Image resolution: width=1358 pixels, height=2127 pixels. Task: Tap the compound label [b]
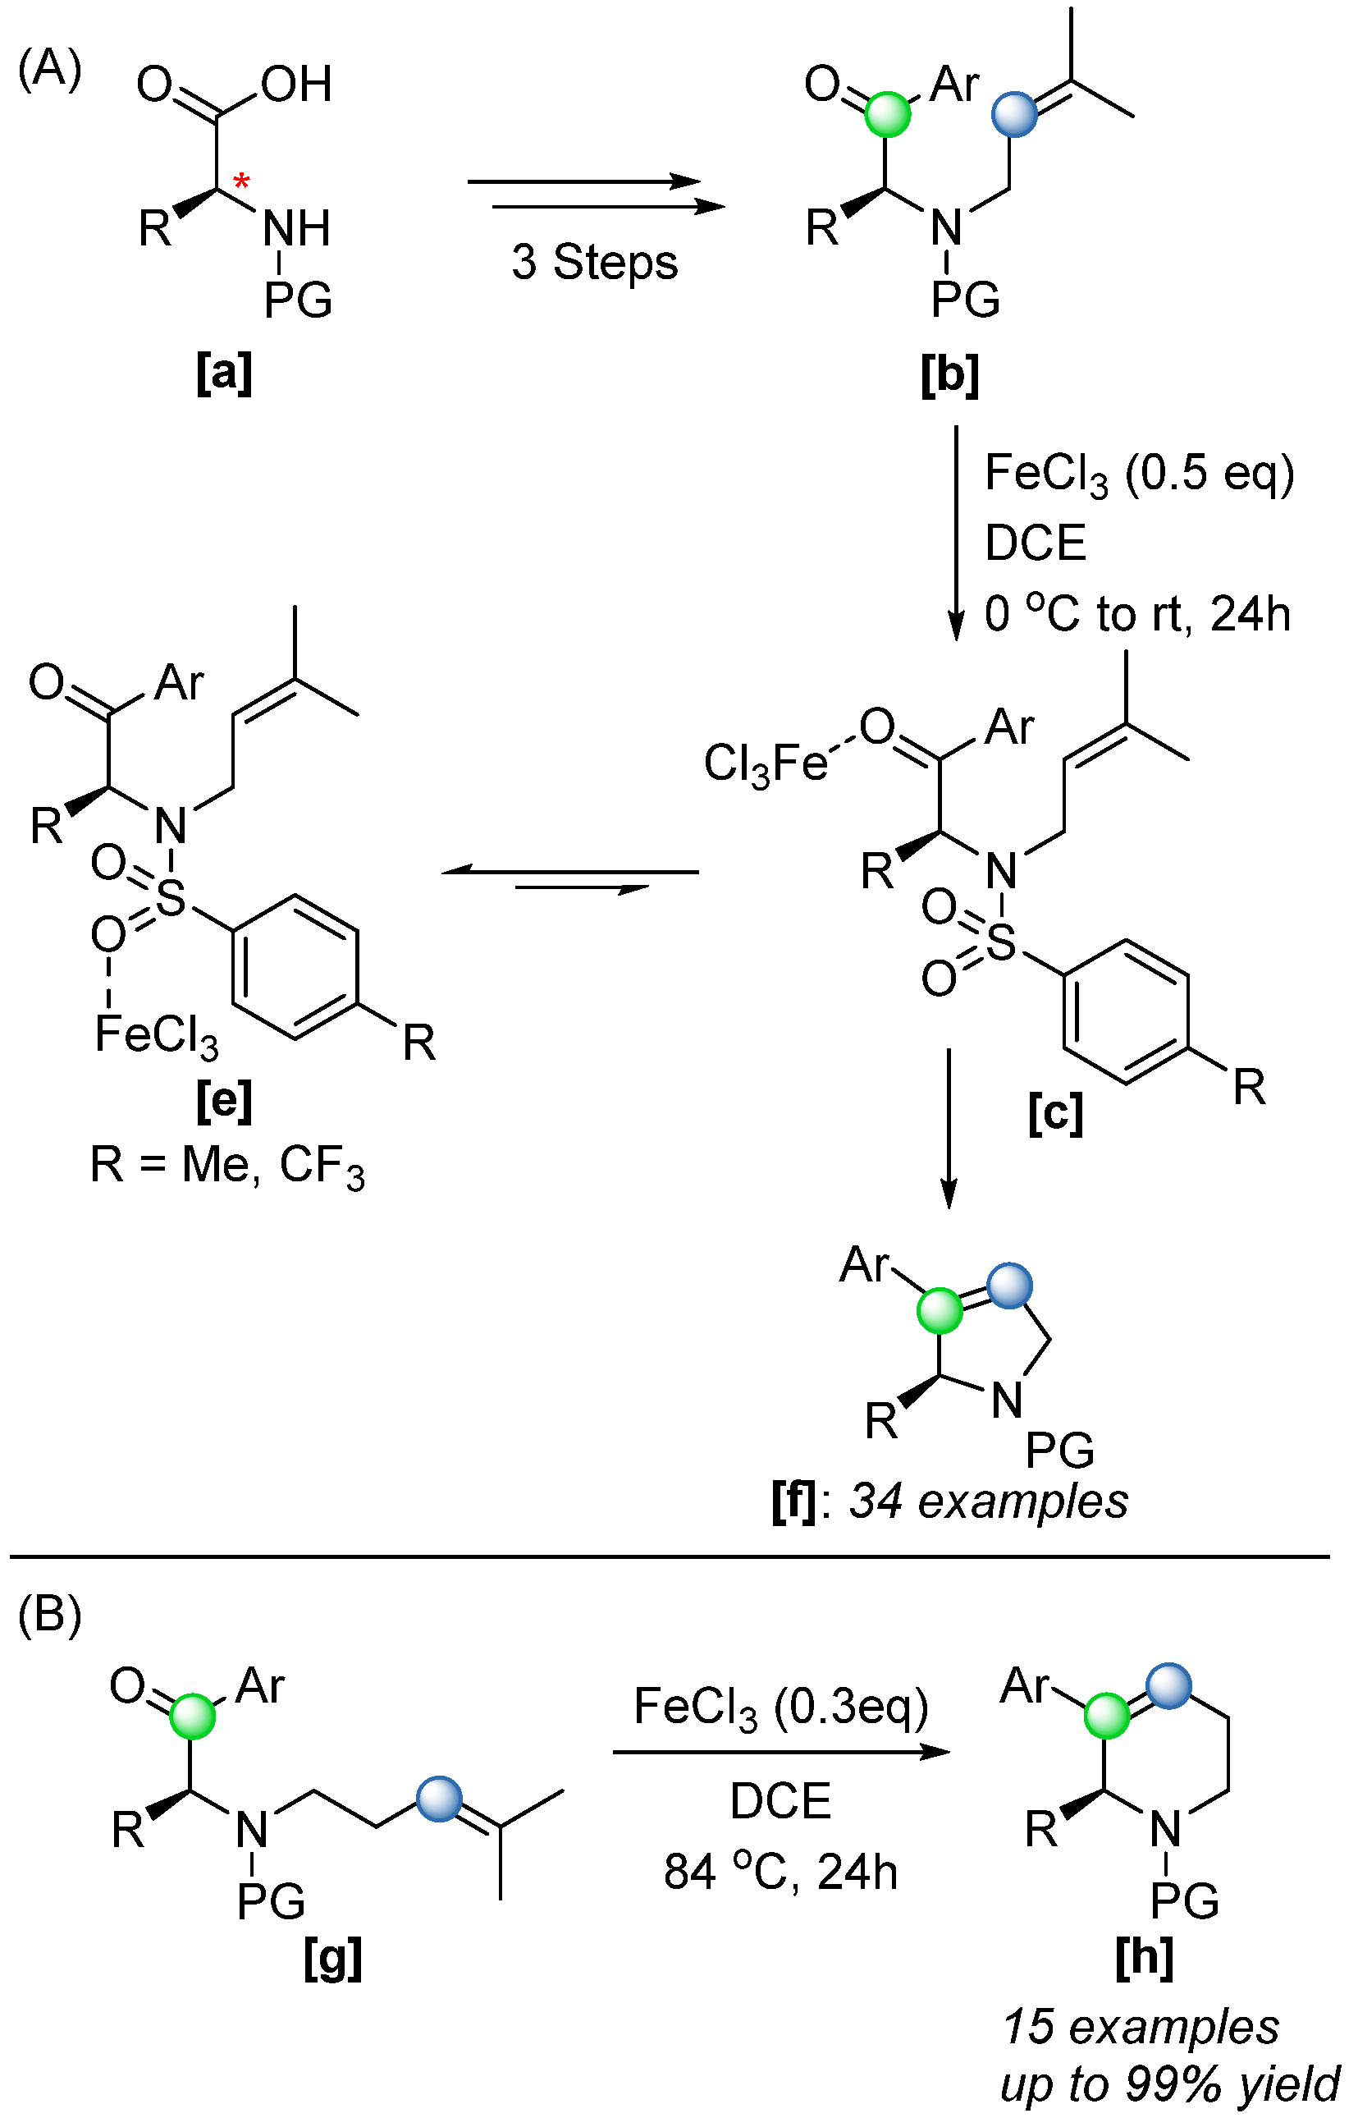[950, 375]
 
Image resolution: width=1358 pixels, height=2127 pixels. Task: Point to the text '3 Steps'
[594, 263]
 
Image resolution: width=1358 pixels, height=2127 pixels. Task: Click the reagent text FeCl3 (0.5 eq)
[1139, 474]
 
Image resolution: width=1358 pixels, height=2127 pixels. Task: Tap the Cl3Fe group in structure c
[765, 763]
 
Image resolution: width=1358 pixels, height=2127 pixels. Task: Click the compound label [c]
[1055, 1115]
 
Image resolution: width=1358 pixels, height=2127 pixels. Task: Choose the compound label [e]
[224, 1102]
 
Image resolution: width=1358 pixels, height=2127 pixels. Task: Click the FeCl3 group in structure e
[155, 1034]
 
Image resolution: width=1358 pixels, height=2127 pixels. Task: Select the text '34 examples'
[988, 1501]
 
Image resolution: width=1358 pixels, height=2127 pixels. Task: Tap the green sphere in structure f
[940, 1311]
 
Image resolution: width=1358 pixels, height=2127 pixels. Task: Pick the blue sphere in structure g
[439, 1800]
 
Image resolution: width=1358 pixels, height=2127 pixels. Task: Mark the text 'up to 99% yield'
[1169, 2085]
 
